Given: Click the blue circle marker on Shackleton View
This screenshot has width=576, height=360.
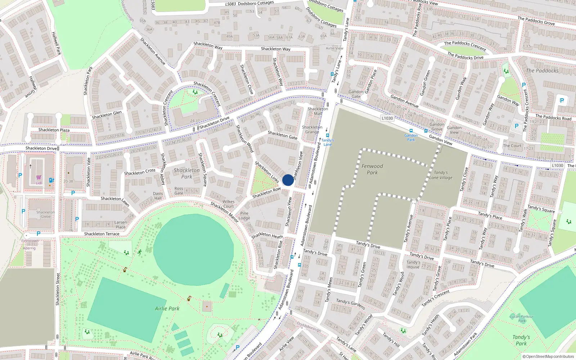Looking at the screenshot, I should click(288, 180).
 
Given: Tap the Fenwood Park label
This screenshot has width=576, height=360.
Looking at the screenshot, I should click(372, 169).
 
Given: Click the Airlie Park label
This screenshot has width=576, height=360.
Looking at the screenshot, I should click(167, 309).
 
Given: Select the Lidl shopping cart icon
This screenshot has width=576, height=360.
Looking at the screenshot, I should click(39, 177).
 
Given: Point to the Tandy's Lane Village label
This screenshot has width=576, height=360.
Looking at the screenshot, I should click(441, 175).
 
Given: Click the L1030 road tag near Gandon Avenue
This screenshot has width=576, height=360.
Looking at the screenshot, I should click(387, 118).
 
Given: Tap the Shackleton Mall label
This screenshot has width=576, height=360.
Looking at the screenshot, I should click(318, 111).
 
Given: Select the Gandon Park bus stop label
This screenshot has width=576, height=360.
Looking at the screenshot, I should click(411, 138).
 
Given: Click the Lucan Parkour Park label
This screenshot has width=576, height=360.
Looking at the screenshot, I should click(522, 319).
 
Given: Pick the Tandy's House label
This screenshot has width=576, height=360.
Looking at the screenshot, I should click(413, 264).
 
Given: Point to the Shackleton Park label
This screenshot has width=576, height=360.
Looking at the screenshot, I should click(186, 173).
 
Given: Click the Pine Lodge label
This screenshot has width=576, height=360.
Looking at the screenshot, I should click(244, 215).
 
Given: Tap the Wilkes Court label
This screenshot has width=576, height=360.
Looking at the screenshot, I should click(228, 204).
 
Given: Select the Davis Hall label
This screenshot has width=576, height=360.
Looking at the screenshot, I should click(158, 195).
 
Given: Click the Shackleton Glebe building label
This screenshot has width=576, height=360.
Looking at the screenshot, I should click(46, 214).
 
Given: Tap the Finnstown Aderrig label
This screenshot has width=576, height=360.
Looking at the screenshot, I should click(30, 244).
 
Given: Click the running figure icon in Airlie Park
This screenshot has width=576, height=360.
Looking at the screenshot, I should click(139, 252).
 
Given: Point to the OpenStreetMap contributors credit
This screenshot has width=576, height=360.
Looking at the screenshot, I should click(548, 356).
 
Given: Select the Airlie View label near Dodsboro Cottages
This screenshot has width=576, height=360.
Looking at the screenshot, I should click(334, 48).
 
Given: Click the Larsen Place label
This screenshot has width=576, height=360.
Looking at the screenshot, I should click(121, 224).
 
